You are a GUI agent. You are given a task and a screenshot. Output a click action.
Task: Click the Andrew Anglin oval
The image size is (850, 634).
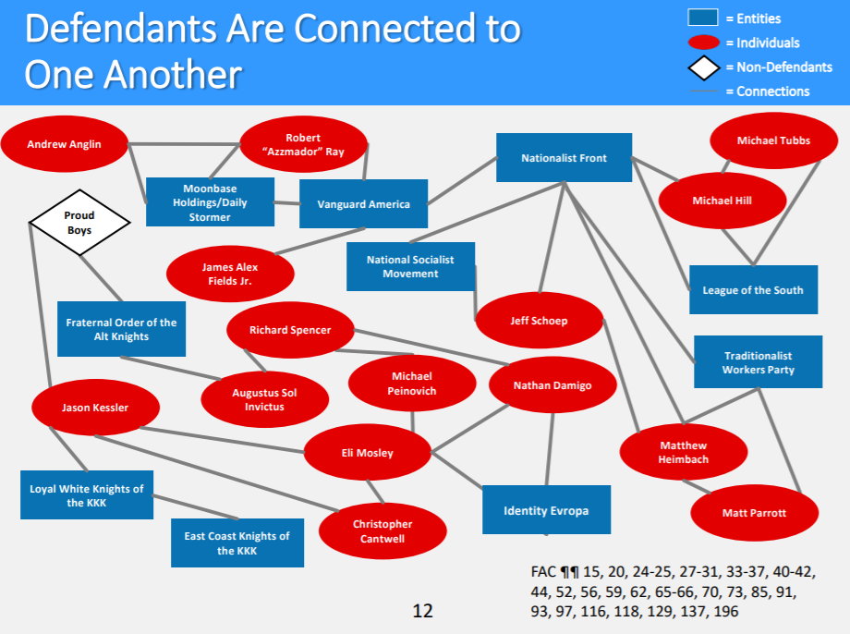pyautogui.click(x=65, y=144)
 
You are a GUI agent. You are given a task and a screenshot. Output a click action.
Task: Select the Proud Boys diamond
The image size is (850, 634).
pyautogui.click(x=79, y=223)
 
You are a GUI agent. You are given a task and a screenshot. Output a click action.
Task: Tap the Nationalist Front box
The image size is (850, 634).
pyautogui.click(x=564, y=158)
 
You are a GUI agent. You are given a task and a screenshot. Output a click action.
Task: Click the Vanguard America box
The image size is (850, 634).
pyautogui.click(x=363, y=204)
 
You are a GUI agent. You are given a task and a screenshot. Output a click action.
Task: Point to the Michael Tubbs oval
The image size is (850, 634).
pyautogui.click(x=773, y=140)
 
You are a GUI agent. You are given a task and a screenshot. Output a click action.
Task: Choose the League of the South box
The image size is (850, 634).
pyautogui.click(x=753, y=290)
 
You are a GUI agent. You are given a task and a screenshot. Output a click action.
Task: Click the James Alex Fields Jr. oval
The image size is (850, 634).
pyautogui.click(x=230, y=274)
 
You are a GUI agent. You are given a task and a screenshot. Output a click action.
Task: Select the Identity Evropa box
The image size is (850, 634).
pyautogui.click(x=546, y=510)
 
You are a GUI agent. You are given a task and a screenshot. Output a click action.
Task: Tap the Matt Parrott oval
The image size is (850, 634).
pyautogui.click(x=754, y=513)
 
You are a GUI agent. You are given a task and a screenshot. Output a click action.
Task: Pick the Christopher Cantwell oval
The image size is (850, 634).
pyautogui.click(x=382, y=531)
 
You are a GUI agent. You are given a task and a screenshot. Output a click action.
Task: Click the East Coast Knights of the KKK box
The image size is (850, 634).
pyautogui.click(x=237, y=543)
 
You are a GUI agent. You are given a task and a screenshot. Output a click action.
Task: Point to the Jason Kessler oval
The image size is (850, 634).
pyautogui.click(x=95, y=408)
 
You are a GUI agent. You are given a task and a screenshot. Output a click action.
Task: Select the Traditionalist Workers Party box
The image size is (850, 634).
pyautogui.click(x=758, y=362)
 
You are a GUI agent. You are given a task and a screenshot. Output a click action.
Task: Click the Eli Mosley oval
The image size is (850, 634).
pyautogui.click(x=368, y=453)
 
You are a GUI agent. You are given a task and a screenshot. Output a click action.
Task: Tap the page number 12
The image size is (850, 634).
pyautogui.click(x=422, y=611)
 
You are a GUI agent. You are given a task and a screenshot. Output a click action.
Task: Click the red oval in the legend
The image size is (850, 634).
pyautogui.click(x=704, y=43)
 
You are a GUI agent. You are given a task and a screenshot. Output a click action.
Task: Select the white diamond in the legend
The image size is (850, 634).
pyautogui.click(x=704, y=67)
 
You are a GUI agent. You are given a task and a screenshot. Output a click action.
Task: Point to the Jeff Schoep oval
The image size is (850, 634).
pyautogui.click(x=539, y=321)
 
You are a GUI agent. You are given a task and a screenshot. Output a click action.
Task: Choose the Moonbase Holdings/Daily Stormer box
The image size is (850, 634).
pyautogui.click(x=210, y=202)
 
